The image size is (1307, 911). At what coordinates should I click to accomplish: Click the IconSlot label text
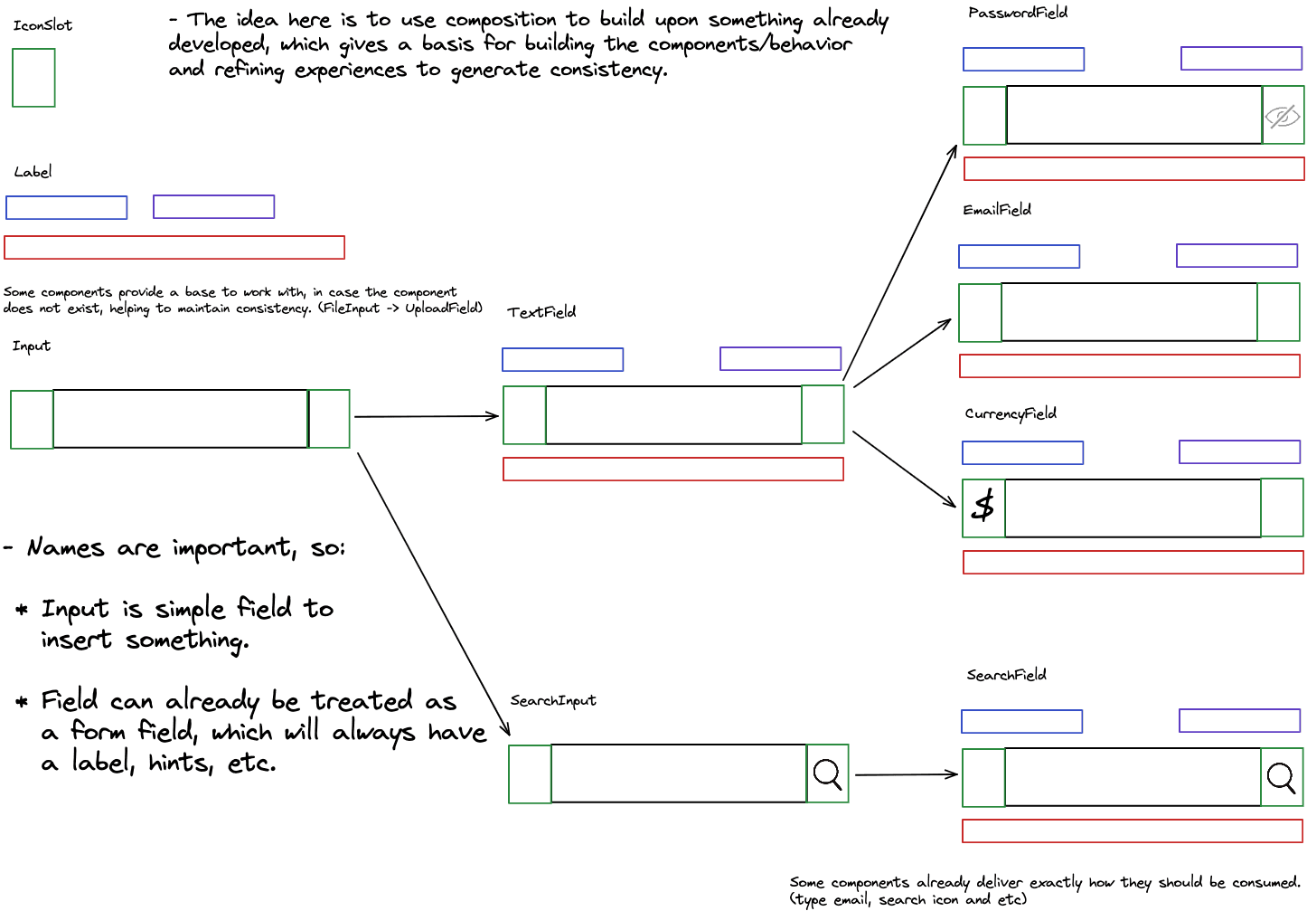point(42,25)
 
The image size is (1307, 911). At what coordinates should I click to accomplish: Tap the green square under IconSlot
point(33,78)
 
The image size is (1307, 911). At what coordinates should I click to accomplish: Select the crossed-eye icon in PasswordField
point(1283,116)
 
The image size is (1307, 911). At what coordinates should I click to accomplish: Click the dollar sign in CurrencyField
point(983,506)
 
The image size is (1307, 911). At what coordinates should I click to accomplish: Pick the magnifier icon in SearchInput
point(827,773)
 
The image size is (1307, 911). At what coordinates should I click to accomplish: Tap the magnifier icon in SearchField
point(1281,777)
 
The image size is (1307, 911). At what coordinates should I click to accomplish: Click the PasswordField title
point(1018,13)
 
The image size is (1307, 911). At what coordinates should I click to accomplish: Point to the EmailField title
point(997,210)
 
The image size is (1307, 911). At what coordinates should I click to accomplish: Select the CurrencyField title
point(1011,413)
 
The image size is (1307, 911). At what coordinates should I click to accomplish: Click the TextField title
point(541,312)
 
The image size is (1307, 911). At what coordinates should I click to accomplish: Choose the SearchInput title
point(553,700)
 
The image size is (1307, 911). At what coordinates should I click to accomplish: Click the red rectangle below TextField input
point(673,469)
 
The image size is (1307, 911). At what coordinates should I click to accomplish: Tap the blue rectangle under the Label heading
point(67,207)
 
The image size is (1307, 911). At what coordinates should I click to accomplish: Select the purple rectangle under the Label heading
point(213,206)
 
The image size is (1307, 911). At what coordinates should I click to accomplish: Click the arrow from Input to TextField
point(426,416)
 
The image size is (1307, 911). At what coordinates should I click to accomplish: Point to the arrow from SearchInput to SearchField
point(906,774)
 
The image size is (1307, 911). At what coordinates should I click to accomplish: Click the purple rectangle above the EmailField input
point(1236,255)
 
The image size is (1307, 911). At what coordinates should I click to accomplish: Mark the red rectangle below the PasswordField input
point(1133,168)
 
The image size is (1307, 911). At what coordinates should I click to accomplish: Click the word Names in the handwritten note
point(65,547)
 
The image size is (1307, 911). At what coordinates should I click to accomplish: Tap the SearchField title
point(1006,675)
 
